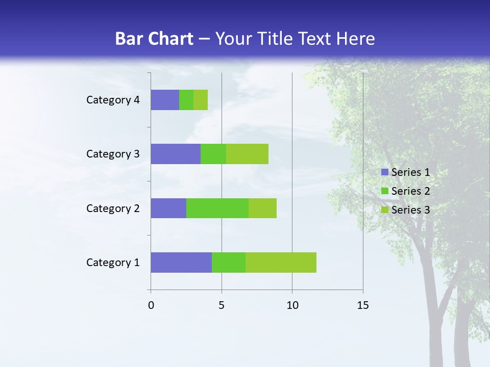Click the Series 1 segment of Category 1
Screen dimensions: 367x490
click(x=181, y=263)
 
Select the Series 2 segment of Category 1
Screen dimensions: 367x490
click(x=229, y=263)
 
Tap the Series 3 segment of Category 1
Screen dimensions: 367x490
click(x=281, y=263)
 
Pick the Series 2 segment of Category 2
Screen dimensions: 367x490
click(x=217, y=208)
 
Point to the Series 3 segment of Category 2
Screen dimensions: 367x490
click(x=262, y=208)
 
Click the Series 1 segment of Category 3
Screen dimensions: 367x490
click(x=176, y=154)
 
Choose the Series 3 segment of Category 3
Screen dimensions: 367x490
click(x=247, y=154)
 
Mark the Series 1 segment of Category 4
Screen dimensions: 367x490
click(x=165, y=100)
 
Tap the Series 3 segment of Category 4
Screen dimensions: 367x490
click(x=201, y=100)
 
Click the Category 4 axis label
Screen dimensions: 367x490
click(x=113, y=100)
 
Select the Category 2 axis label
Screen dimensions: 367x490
click(x=113, y=208)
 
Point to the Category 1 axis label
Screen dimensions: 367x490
click(x=113, y=263)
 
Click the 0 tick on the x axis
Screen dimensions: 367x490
click(x=151, y=305)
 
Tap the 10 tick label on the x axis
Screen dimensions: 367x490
click(x=292, y=305)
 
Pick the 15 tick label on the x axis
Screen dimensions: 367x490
click(x=362, y=305)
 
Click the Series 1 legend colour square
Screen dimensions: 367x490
click(x=384, y=172)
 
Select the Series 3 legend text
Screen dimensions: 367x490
click(x=410, y=209)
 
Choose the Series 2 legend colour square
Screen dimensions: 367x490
click(x=384, y=191)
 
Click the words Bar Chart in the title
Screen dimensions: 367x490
click(x=154, y=39)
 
